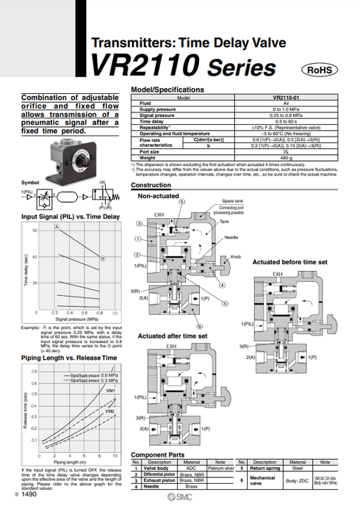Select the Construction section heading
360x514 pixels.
pos(151,186)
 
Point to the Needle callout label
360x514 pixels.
pos(231,237)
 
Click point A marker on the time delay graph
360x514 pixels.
pos(57,228)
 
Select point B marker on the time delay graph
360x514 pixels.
pos(103,258)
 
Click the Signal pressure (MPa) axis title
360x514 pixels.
pos(72,319)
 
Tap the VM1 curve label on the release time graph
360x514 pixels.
pos(111,391)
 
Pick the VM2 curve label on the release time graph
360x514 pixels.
pos(110,411)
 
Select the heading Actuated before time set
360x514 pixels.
pos(289,261)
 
